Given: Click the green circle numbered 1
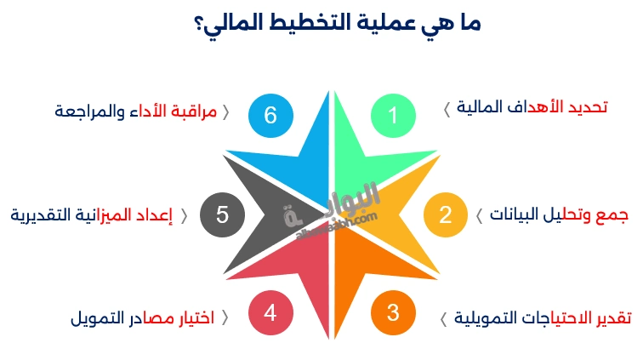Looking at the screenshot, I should [x=393, y=116].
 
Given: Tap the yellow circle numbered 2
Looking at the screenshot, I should [x=446, y=214].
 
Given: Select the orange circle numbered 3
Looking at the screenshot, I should [x=393, y=312].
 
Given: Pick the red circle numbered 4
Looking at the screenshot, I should [x=270, y=312].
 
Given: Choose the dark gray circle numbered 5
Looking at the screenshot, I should [x=222, y=214].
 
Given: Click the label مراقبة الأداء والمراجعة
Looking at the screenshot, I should [x=136, y=111].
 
